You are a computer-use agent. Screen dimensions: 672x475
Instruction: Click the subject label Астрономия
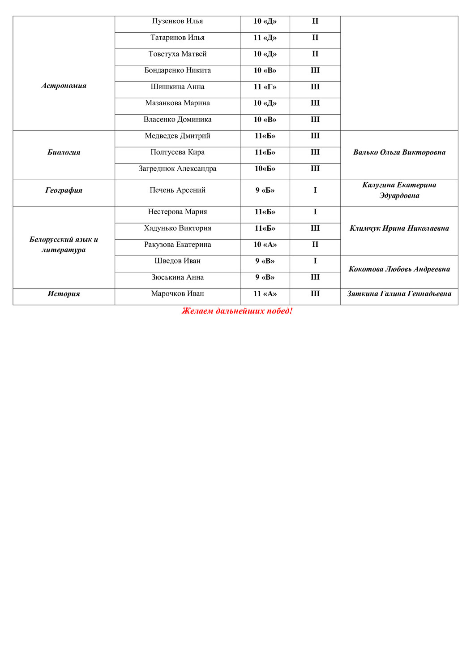[64, 86]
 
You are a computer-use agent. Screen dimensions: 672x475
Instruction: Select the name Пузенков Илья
[177, 21]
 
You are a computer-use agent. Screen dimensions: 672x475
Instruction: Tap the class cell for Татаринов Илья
[265, 38]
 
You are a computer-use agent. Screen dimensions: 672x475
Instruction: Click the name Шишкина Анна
[177, 87]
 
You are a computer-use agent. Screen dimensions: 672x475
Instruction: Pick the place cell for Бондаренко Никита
[315, 70]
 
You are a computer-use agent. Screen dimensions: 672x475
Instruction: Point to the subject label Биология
[64, 152]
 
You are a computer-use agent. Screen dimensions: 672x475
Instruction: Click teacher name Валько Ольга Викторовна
[399, 152]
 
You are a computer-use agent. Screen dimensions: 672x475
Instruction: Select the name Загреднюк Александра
[177, 169]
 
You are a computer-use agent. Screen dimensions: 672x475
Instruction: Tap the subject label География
[64, 190]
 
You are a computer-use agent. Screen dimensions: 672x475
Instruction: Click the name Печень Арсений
[177, 190]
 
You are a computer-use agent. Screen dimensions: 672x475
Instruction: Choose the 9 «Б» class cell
[265, 190]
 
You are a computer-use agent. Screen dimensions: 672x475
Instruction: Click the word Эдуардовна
[399, 196]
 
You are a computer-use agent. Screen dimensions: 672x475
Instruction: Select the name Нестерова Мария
[177, 212]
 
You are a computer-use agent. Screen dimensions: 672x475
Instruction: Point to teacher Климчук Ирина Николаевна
[399, 228]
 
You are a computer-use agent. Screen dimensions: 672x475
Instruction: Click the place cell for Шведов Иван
[315, 261]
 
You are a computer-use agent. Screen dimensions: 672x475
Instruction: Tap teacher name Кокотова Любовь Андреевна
[399, 269]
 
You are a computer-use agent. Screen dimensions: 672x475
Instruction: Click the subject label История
[64, 294]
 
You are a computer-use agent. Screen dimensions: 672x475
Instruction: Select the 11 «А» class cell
[265, 294]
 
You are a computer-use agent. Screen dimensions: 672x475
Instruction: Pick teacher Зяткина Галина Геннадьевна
[399, 294]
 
